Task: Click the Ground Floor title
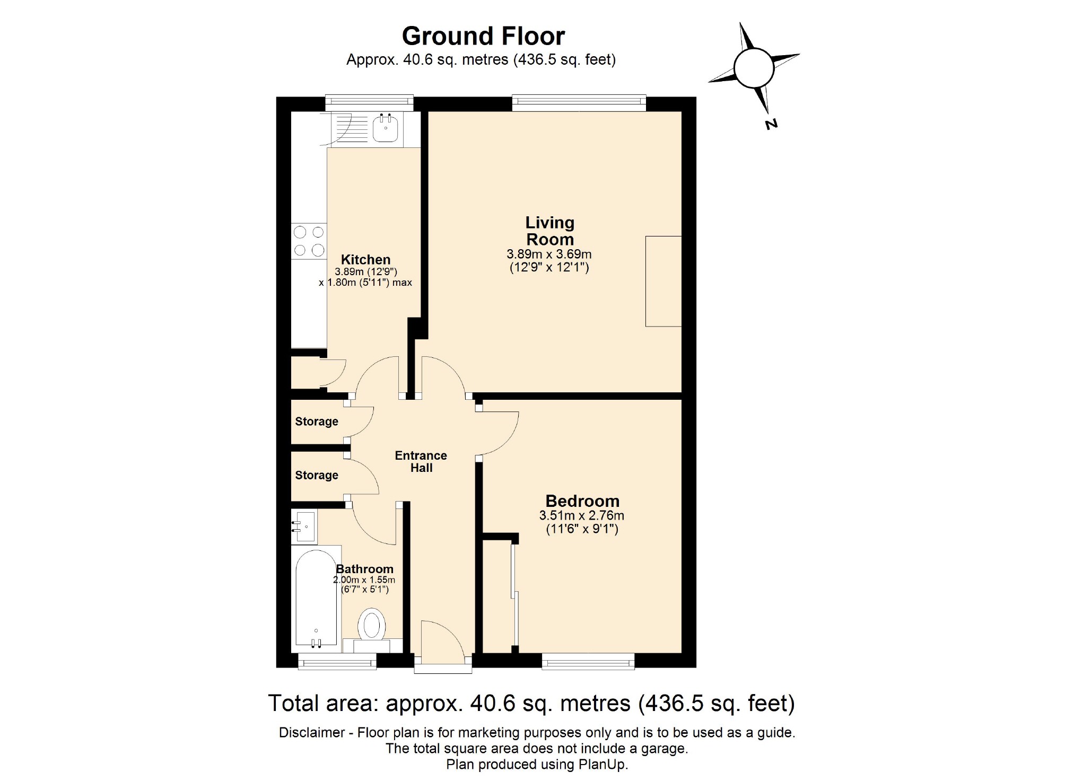tap(483, 36)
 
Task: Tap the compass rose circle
tap(754, 68)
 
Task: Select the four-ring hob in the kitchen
tap(309, 241)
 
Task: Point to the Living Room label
tap(549, 231)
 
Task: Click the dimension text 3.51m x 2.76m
tap(581, 515)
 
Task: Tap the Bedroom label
tap(582, 501)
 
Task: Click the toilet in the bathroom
tap(371, 626)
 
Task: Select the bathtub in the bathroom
tap(316, 596)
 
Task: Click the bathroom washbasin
tap(304, 526)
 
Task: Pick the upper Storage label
tap(317, 422)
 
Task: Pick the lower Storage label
tap(317, 475)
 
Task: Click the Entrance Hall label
tap(421, 461)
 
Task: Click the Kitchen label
tap(365, 259)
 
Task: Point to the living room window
tap(579, 103)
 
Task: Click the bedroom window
tap(588, 661)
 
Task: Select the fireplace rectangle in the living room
tap(663, 281)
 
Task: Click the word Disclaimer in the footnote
tap(312, 732)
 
